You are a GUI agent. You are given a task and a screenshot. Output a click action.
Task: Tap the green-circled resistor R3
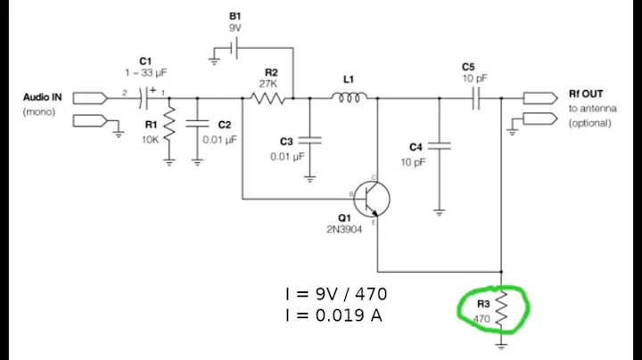click(501, 307)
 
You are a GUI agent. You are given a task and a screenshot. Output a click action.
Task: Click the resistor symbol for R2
click(268, 99)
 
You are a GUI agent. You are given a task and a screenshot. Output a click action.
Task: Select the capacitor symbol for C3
click(309, 139)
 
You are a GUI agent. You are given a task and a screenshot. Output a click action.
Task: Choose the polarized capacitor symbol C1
click(151, 92)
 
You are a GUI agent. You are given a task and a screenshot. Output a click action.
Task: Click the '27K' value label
click(268, 83)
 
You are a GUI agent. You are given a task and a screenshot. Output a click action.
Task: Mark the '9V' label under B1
click(234, 28)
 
